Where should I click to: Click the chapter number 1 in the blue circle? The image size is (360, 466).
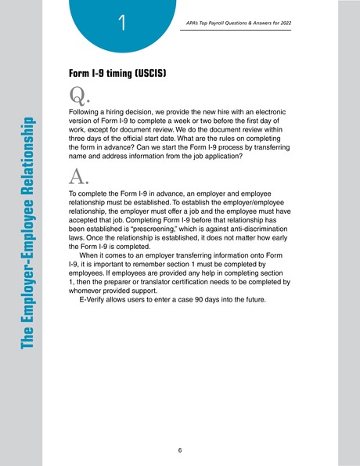coord(122,24)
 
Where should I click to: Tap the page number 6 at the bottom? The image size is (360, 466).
coord(180,450)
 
